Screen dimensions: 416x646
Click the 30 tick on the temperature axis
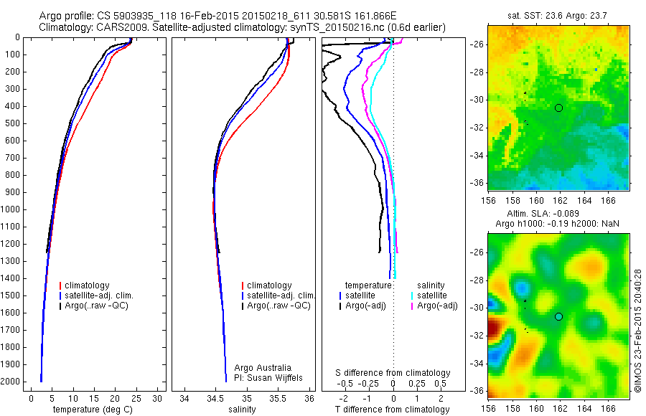point(158,398)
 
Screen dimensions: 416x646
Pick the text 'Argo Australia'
point(263,368)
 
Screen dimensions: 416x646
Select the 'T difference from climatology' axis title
point(393,410)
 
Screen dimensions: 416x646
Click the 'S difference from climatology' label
point(393,373)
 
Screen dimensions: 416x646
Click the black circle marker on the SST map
point(558,108)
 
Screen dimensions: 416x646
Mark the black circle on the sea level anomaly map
point(558,316)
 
